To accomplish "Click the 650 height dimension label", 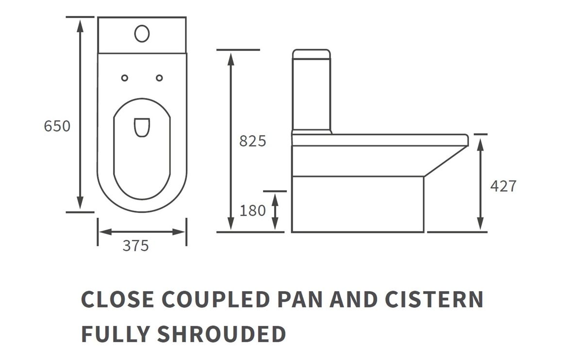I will (57, 126).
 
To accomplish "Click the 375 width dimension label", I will (135, 246).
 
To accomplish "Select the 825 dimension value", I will (253, 141).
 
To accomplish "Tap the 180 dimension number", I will (253, 211).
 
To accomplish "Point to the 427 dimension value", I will (503, 186).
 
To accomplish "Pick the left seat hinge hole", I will (125, 78).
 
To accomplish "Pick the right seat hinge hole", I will (159, 78).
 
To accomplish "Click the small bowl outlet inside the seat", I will (141, 127).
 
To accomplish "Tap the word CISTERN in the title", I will (434, 299).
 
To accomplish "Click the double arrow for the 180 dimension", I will (275, 211).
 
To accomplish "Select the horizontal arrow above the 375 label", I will (142, 231).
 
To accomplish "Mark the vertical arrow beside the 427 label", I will (480, 183).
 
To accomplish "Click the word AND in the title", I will (354, 299).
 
